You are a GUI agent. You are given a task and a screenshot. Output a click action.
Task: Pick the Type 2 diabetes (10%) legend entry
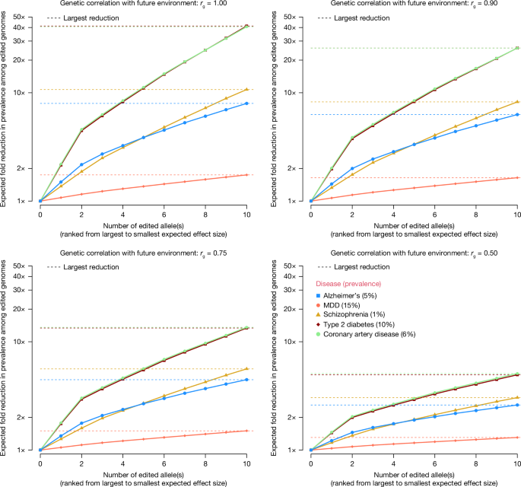(x=360, y=325)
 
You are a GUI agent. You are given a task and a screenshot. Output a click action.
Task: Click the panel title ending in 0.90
(x=414, y=5)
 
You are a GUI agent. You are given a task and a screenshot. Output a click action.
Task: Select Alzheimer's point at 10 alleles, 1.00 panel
(x=246, y=103)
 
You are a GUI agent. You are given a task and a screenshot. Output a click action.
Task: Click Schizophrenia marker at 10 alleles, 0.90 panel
(x=517, y=102)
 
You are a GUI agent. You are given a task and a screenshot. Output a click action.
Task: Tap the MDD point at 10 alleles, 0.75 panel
(x=246, y=431)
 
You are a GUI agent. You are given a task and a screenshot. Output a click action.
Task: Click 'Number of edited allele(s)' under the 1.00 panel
(x=144, y=226)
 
